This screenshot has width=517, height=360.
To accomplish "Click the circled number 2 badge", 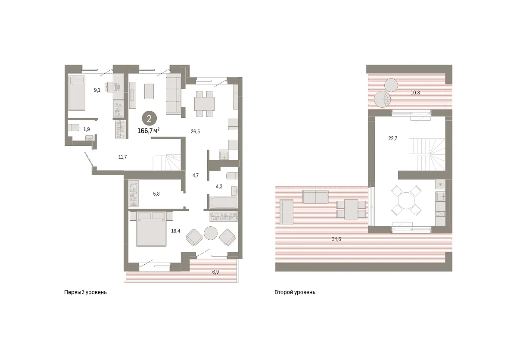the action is pos(149,119).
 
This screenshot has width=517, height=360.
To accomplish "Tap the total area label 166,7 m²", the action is pos(148,131).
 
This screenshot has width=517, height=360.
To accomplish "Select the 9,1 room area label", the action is pos(97,90).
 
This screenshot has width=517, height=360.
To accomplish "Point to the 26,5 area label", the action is pos(195,131).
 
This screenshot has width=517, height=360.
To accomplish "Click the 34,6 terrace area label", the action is pos(336,239).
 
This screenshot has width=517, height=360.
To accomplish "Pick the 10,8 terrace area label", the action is pos(415,93).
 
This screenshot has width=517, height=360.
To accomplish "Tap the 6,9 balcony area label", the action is pos(215,272).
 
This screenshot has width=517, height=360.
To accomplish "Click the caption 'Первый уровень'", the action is pos(85,292).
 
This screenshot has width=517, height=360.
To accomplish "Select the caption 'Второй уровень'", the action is pos(295,292).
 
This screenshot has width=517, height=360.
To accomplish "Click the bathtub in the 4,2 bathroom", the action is pos(224,203).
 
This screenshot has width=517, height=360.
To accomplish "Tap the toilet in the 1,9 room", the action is pos(74,128).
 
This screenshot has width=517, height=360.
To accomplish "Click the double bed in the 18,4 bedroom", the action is pos(151,229).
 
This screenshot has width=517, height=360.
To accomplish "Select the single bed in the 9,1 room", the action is pos(77,93).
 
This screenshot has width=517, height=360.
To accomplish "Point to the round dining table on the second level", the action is pos(406,200).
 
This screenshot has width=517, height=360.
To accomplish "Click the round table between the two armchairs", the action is pos(211,233).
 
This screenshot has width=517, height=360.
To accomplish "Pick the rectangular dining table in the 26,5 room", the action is pos(204,104).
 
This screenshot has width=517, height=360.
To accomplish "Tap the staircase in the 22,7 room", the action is pos(427,154).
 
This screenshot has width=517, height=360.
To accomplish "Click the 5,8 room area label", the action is pos(156,194).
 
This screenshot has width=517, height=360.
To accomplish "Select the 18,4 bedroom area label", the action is pos(175,231).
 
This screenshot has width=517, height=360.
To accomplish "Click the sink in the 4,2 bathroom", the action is pos(234,191).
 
